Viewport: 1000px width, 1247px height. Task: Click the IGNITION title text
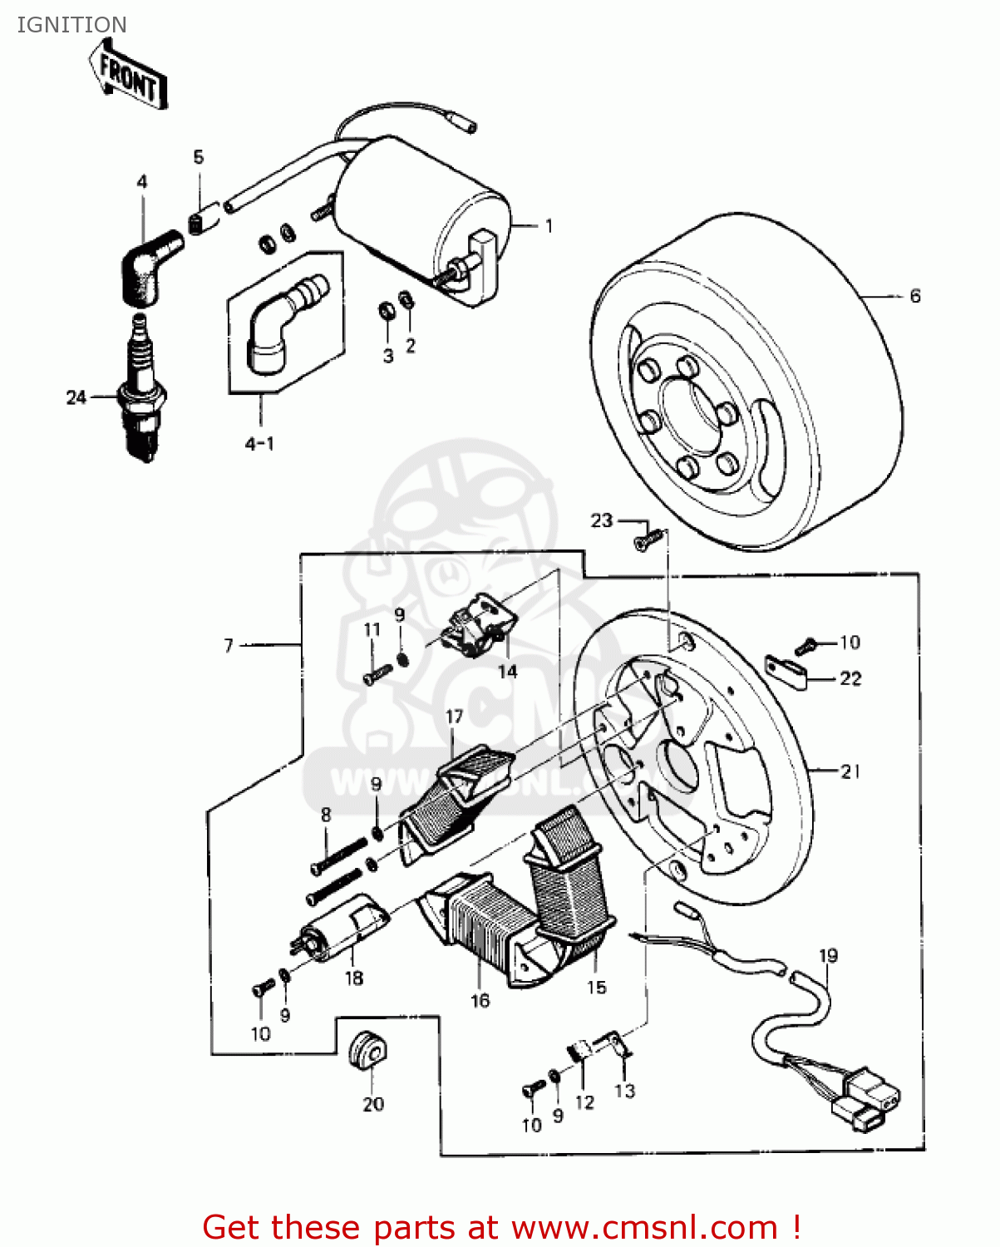click(72, 25)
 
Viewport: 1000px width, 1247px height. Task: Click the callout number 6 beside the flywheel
click(914, 296)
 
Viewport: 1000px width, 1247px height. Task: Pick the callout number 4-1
click(259, 444)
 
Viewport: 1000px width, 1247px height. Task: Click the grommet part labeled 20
click(367, 1052)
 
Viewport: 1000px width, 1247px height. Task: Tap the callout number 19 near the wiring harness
click(828, 956)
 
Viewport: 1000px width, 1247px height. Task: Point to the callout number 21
click(850, 771)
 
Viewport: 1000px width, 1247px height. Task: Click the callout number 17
click(454, 717)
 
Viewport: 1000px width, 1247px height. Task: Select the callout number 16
click(480, 1001)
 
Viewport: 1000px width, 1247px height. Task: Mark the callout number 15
click(596, 988)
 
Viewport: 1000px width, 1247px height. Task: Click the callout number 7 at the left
click(229, 645)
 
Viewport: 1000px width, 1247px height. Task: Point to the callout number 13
click(624, 1091)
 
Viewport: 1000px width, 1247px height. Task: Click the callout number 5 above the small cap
click(198, 157)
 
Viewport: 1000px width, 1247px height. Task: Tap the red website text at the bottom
click(501, 1227)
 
